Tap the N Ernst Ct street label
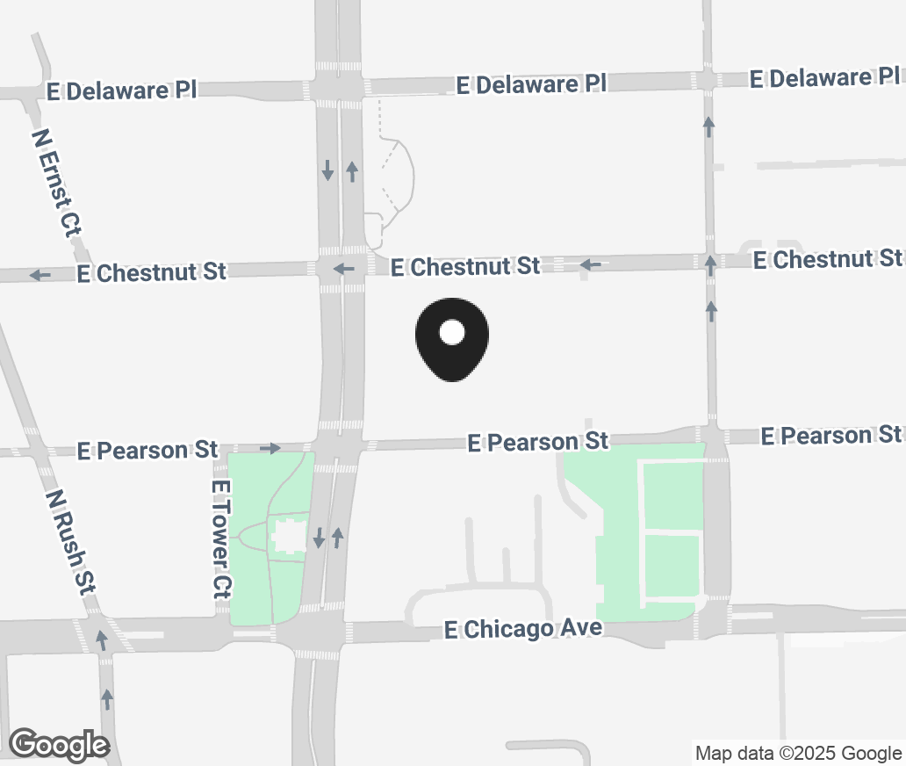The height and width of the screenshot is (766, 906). point(55,184)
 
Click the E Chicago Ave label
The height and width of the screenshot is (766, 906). point(523,628)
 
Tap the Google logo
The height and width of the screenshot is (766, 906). point(60,745)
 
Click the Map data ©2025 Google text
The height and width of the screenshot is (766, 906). point(798,753)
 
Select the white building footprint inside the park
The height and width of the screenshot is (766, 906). point(288,537)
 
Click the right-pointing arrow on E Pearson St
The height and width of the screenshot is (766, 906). point(270,448)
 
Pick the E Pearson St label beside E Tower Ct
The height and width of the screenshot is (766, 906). point(147,450)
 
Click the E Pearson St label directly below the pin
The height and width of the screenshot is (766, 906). point(537,440)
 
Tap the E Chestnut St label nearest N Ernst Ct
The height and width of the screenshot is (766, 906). point(151,272)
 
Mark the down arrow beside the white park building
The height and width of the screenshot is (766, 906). point(320,538)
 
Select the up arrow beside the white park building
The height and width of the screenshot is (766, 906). point(337,536)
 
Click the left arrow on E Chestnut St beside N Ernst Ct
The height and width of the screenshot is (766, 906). point(40,275)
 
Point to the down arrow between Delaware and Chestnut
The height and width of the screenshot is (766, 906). point(327,170)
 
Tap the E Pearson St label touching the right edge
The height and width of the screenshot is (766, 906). point(830,435)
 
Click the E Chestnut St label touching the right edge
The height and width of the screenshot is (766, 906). point(827,259)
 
